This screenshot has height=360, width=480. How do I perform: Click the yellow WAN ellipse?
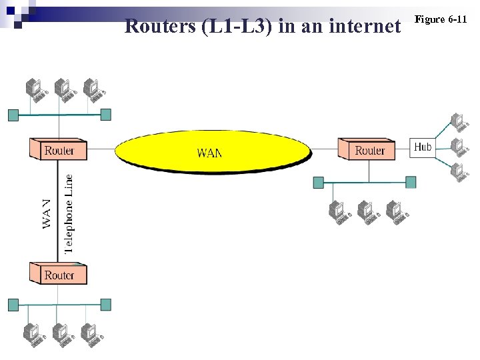point(212,152)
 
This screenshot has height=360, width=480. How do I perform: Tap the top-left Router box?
point(59,150)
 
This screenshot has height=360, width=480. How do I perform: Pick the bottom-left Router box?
point(59,274)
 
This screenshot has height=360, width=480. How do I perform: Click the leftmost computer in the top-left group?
point(34,89)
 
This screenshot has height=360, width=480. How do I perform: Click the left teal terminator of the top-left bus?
point(13,115)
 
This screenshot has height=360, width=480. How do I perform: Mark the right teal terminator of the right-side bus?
point(411,182)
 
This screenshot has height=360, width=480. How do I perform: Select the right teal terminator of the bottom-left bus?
point(105,305)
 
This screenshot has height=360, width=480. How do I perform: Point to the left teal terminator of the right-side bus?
point(319,182)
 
